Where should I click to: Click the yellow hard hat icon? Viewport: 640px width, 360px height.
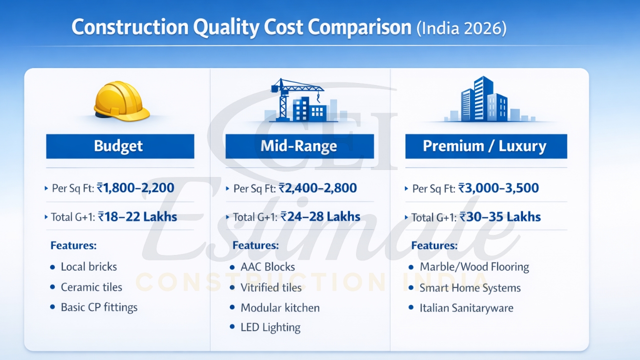tap(121, 101)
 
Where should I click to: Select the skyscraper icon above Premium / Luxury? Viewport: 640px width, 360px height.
tap(483, 99)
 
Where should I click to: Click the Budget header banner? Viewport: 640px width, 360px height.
tap(120, 146)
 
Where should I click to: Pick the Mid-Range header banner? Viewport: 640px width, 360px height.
tap(299, 146)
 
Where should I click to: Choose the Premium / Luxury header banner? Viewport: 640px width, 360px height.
tap(485, 146)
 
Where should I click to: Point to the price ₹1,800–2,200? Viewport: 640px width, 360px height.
tap(135, 188)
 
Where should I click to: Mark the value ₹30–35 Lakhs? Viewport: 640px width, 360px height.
tap(500, 217)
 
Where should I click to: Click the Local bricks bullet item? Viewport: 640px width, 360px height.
tap(88, 266)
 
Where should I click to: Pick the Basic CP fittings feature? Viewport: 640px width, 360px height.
tap(99, 307)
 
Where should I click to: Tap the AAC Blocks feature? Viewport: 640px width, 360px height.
tap(267, 267)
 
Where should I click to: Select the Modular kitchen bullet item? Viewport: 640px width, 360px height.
tap(280, 307)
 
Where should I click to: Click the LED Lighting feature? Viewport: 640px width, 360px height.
tap(270, 327)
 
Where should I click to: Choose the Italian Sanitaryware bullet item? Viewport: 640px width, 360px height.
tap(466, 308)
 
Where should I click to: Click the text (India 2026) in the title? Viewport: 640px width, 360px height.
tap(461, 28)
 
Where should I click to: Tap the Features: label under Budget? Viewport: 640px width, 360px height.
tap(73, 245)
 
